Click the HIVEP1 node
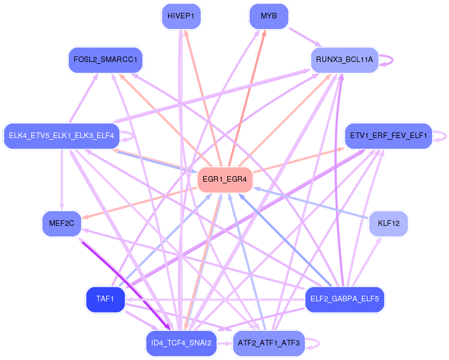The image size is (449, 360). (x=180, y=16)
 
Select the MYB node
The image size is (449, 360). (x=269, y=16)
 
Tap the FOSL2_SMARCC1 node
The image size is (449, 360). (x=106, y=59)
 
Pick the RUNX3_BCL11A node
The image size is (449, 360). (x=345, y=59)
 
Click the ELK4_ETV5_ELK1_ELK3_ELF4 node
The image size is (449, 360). (x=61, y=135)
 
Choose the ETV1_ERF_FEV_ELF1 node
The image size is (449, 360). (x=388, y=136)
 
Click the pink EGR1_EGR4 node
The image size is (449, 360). (x=225, y=180)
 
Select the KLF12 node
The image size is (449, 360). (x=388, y=224)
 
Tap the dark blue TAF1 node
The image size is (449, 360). (x=105, y=299)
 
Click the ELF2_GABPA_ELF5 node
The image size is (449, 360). (x=345, y=299)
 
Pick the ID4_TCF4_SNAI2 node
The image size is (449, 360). (x=180, y=343)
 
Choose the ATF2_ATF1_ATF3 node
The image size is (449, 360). (x=269, y=343)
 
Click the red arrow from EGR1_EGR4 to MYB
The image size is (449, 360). (x=246, y=99)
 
